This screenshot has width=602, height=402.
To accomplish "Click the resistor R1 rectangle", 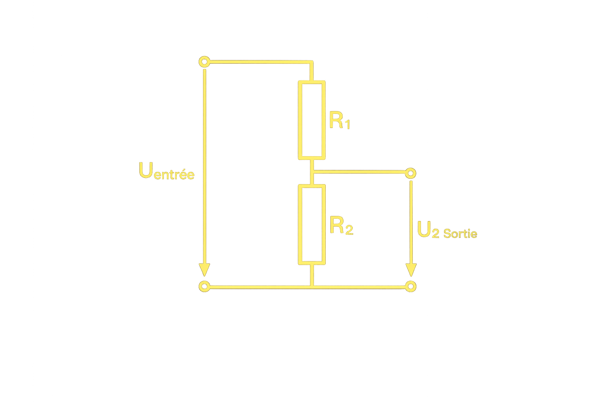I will pos(312,120).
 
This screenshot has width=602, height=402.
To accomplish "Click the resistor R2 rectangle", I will pos(312,224).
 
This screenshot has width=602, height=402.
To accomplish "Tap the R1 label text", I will pos(339,121).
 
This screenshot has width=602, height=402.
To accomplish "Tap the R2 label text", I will pos(341,226).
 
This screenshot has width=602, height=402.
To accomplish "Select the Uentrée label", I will pos(166,171).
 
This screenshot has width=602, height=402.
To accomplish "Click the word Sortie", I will pos(461,234).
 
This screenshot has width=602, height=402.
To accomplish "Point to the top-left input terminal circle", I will pos(204,62).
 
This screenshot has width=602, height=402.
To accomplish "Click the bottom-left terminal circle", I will pos(204,286).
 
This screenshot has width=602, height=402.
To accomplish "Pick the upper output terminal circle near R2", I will pos(410,173).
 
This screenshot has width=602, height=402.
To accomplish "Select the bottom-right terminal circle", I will pos(410,286).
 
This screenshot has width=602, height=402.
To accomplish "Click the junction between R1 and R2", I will pos(312,172).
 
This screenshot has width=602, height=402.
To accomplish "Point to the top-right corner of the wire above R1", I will pos(312,62).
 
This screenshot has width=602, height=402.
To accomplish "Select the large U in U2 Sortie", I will pos(424,230).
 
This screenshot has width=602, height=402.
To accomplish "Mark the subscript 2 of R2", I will pos(348,230).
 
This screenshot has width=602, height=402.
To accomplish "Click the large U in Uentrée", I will pos(145,170).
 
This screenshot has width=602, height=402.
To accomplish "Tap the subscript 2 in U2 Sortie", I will pos(435,234).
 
